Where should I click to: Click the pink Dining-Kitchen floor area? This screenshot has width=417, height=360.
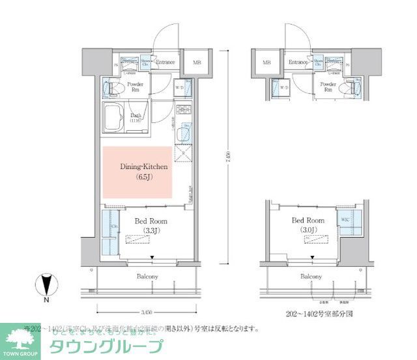pos(136,172)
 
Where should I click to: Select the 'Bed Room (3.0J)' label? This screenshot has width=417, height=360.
pos(308,225)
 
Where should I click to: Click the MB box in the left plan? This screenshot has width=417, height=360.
pos(196,63)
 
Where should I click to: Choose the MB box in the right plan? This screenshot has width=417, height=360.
pos(266,63)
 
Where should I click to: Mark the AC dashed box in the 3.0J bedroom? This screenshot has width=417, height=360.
pos(306,239)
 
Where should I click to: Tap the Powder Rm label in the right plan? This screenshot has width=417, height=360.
pos(328,87)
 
